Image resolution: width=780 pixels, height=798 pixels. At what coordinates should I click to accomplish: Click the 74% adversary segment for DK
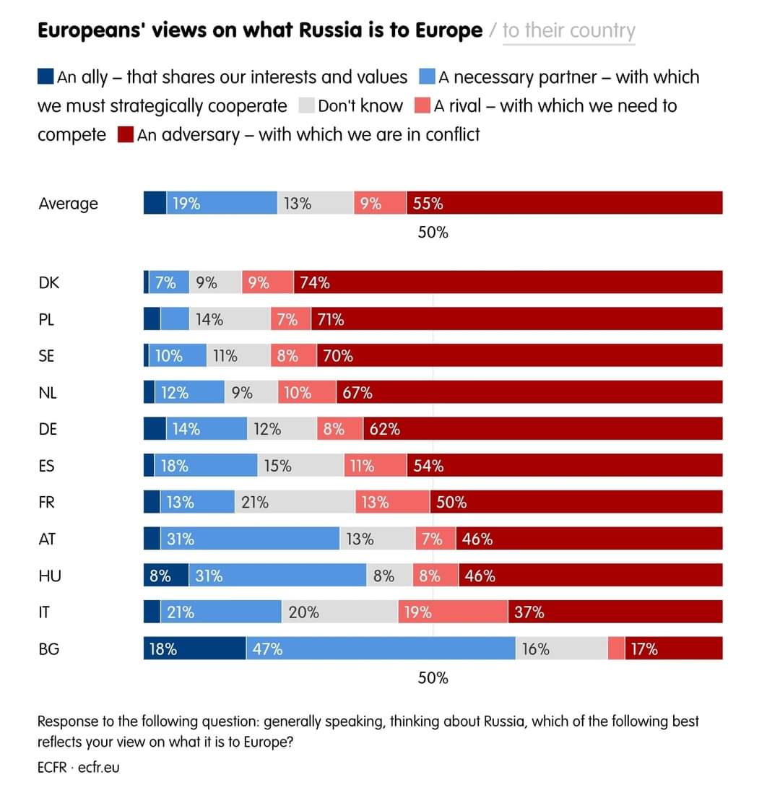(x=508, y=282)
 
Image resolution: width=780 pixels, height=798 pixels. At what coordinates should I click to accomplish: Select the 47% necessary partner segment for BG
(x=380, y=649)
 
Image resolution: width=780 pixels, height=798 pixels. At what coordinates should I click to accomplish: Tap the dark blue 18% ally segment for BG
(x=194, y=649)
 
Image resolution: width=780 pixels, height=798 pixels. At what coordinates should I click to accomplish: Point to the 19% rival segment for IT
(x=453, y=612)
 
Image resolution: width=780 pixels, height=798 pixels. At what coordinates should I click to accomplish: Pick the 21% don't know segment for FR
(x=295, y=502)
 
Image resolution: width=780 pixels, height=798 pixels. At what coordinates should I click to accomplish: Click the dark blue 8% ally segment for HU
(x=166, y=576)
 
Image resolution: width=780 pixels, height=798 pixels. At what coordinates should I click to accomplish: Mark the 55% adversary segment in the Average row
(x=564, y=203)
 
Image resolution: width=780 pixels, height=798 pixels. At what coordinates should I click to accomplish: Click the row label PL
(x=47, y=318)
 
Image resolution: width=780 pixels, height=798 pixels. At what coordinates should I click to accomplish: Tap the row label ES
(x=47, y=465)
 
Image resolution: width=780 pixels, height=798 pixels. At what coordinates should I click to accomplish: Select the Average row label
(x=68, y=204)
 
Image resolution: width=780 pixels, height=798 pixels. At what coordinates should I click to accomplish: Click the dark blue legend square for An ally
(x=45, y=77)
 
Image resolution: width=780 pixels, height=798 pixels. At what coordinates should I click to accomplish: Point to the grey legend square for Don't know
(x=306, y=106)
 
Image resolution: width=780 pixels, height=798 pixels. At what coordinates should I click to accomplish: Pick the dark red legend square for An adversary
(x=125, y=135)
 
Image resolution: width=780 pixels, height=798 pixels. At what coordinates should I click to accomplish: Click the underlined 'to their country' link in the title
(x=568, y=31)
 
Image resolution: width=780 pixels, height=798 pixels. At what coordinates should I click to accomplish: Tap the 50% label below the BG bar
(x=433, y=678)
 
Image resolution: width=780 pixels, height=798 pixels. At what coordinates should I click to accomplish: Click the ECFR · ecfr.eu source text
(x=78, y=767)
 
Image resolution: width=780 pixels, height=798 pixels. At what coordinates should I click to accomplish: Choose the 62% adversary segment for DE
(x=542, y=428)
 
